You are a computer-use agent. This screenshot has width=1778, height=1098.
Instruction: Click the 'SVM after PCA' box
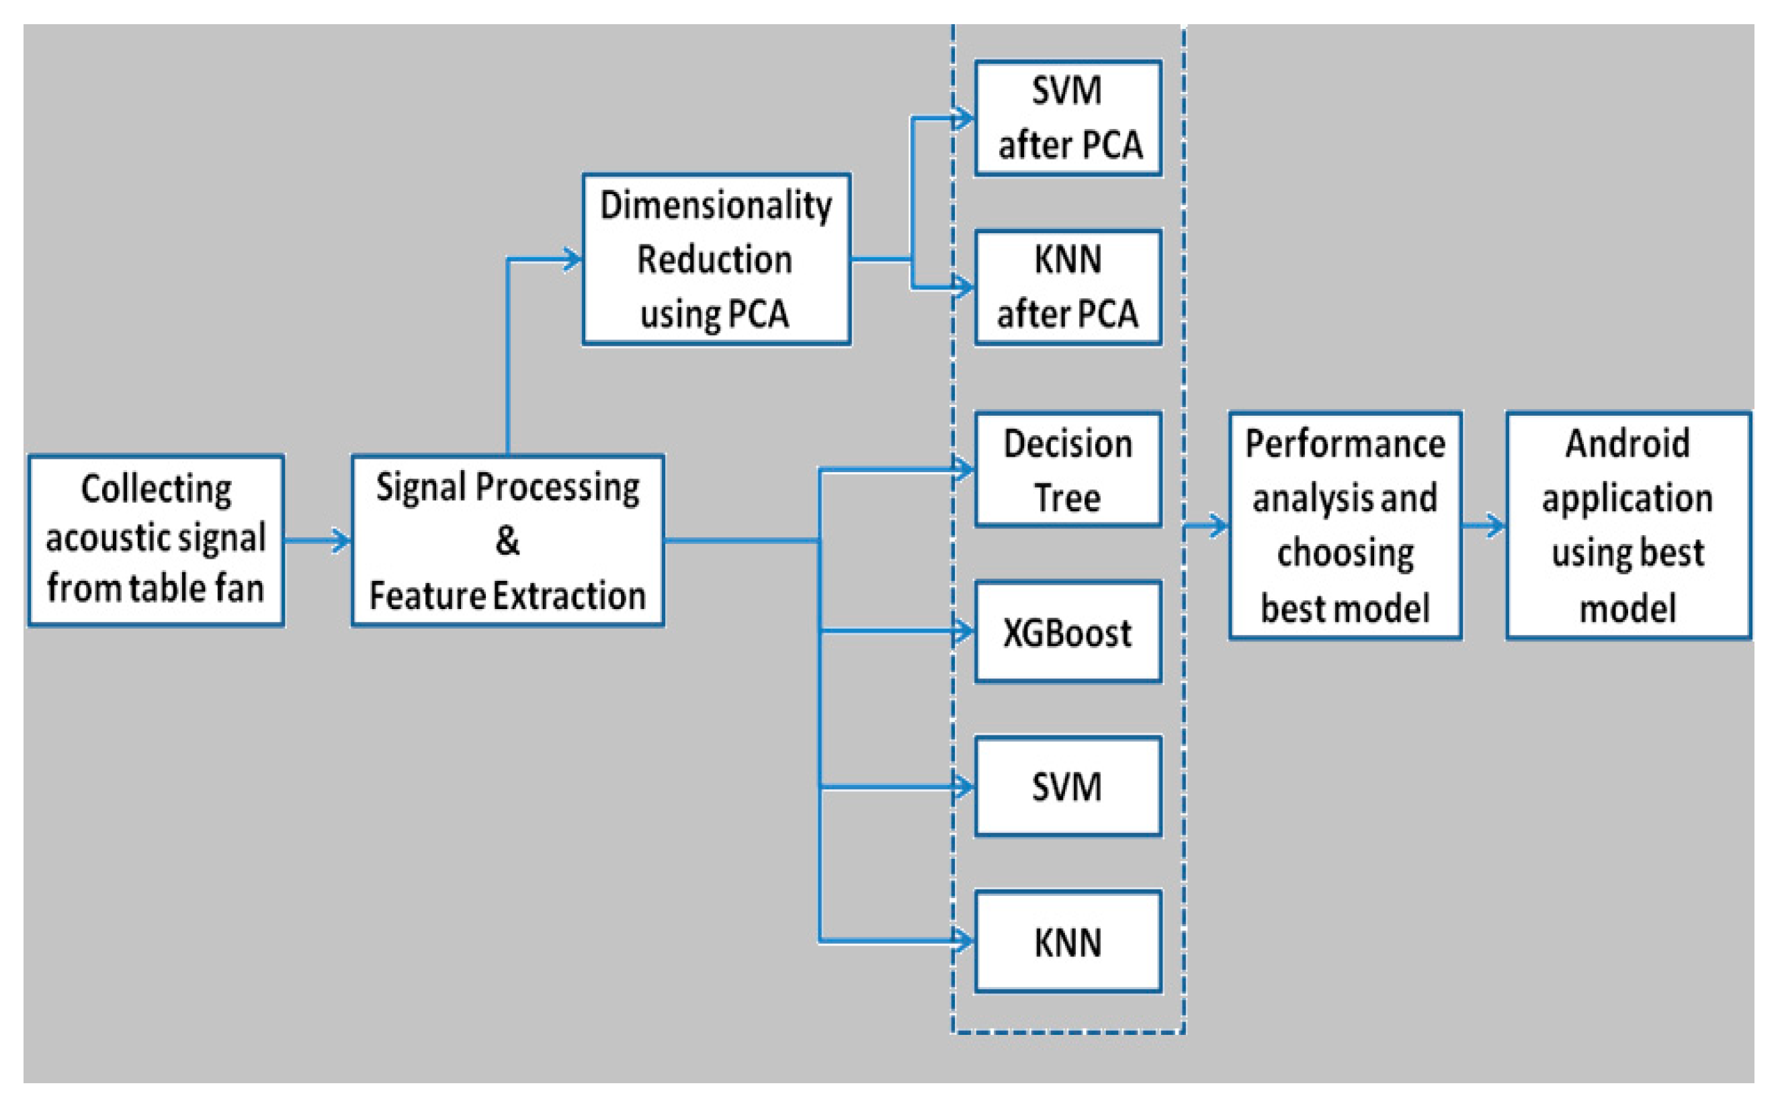1067,118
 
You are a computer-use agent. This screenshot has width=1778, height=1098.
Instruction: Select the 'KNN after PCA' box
1067,287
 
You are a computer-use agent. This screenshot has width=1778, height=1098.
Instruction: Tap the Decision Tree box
1067,470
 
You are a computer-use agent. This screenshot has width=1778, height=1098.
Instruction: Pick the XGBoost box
1067,632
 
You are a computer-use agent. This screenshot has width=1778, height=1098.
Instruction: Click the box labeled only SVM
1067,786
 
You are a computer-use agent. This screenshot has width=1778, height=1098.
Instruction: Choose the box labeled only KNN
1067,942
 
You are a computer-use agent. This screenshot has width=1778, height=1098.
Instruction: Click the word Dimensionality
716,205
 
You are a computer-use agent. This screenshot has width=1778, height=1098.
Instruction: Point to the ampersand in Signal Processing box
507,541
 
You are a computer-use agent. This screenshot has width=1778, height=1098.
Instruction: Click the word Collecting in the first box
156,489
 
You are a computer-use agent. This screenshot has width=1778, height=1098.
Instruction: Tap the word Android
1627,444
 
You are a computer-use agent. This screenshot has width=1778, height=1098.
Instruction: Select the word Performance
1345,444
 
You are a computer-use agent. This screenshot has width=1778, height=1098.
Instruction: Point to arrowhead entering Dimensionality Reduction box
573,259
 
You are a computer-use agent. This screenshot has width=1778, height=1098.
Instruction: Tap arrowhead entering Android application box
1495,525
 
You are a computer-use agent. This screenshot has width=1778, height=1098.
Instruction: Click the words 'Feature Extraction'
507,596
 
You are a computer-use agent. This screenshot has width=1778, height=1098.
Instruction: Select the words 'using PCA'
714,314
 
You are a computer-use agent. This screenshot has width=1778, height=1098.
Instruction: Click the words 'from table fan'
155,588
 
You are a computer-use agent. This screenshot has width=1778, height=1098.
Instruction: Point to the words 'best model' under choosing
1345,608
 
